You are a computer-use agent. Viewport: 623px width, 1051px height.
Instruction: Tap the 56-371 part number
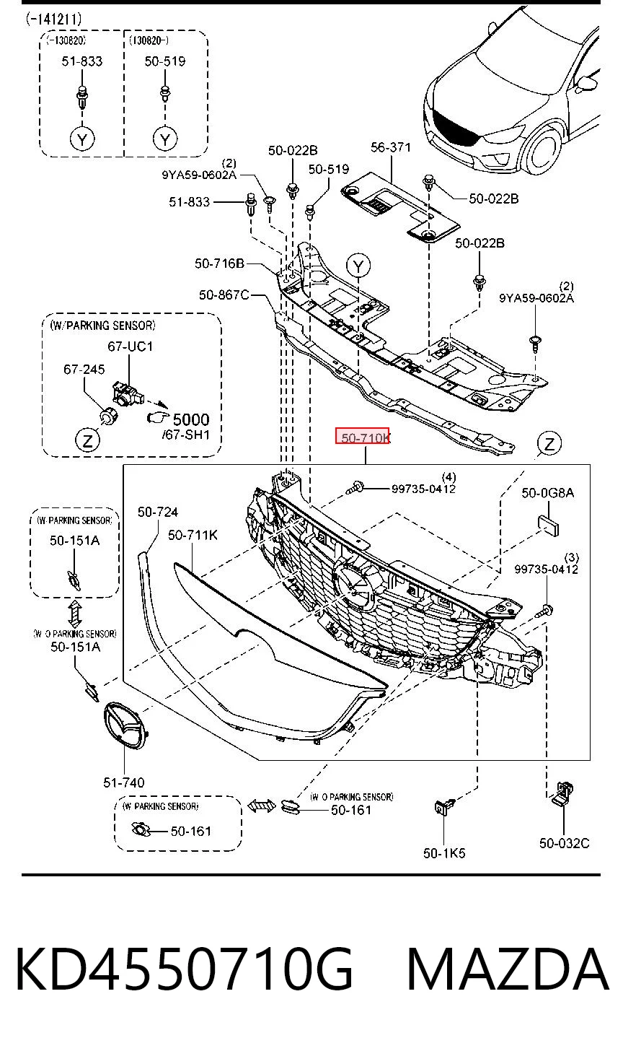click(x=391, y=147)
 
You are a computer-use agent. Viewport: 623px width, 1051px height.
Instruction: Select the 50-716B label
click(x=219, y=263)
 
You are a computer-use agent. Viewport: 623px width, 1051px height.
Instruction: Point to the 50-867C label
click(x=224, y=295)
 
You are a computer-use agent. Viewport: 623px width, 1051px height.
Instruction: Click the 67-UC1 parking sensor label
click(x=130, y=346)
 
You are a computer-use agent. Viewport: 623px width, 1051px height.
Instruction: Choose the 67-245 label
click(x=84, y=370)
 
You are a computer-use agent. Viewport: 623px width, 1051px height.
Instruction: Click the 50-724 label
click(x=158, y=511)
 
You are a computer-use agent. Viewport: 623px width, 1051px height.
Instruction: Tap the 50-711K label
click(x=193, y=534)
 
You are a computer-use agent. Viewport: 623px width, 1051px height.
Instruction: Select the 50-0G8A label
click(x=547, y=492)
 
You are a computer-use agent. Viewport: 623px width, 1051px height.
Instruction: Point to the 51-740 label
click(x=124, y=782)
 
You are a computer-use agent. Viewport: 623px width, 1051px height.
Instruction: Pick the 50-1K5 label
click(x=444, y=852)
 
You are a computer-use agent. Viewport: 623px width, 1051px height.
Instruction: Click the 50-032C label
click(x=564, y=842)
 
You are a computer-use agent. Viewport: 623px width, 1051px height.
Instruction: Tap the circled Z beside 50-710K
click(x=549, y=443)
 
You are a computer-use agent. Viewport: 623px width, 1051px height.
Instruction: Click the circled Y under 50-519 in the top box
click(x=165, y=139)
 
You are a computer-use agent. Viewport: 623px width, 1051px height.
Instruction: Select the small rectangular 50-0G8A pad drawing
click(x=547, y=525)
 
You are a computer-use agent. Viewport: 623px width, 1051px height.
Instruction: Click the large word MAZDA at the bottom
click(x=508, y=969)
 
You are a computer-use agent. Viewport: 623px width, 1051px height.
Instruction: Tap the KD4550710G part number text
click(x=184, y=969)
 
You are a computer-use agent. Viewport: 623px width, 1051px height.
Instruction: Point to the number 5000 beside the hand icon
click(x=191, y=419)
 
